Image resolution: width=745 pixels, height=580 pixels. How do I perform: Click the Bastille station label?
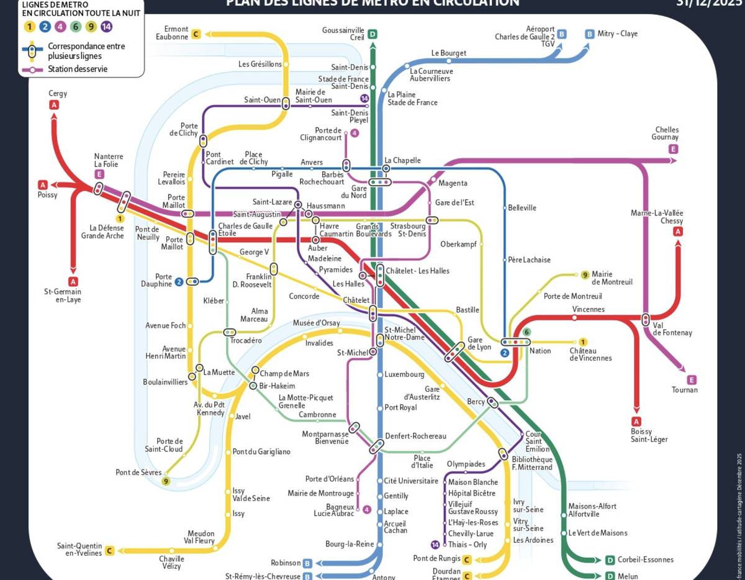(x=467, y=310)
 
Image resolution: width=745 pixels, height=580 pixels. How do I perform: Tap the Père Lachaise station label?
(x=529, y=260)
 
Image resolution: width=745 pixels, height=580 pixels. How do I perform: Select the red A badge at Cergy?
(x=54, y=105)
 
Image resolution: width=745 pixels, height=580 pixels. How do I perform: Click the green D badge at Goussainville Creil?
(x=372, y=34)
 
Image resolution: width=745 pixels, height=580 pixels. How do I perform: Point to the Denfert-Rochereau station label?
(x=415, y=436)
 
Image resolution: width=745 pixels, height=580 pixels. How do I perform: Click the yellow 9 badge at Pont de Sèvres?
(x=166, y=481)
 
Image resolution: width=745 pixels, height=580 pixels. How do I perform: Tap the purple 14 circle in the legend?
(x=107, y=27)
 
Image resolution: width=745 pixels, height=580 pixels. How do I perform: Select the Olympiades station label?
(x=466, y=464)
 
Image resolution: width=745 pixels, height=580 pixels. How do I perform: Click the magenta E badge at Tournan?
(x=692, y=379)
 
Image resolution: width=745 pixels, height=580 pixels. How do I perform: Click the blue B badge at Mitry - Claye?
(x=589, y=34)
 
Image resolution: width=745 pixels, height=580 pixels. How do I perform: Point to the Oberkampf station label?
(x=458, y=244)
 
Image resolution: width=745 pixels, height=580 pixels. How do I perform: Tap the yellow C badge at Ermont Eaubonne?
(x=196, y=34)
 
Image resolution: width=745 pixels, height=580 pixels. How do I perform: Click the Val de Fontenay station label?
(x=672, y=329)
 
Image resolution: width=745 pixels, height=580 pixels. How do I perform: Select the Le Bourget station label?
(x=448, y=53)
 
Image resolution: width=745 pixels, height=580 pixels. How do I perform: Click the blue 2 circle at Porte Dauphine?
(x=179, y=282)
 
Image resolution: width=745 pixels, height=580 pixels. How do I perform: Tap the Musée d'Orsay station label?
(x=317, y=323)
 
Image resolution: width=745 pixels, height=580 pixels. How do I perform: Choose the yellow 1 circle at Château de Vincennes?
(x=582, y=342)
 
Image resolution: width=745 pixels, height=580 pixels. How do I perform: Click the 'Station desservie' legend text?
(x=78, y=69)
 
